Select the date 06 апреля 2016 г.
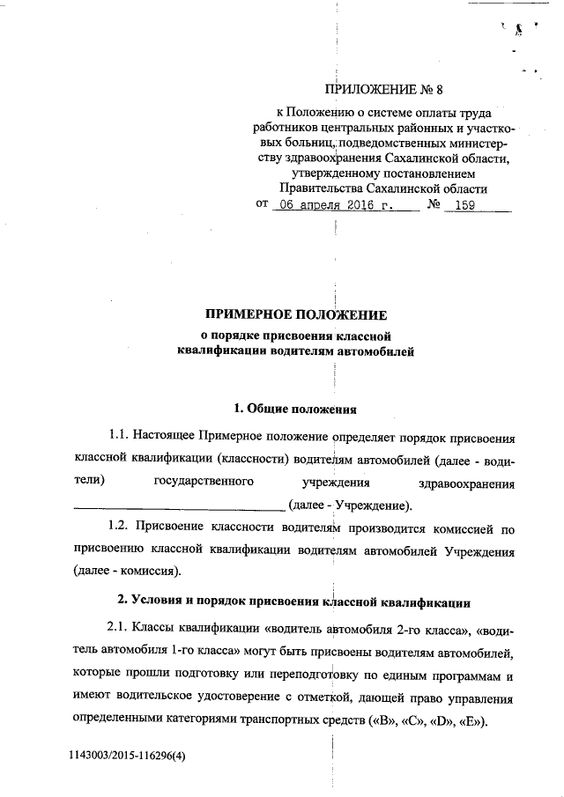point(332,204)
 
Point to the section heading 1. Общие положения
point(295,407)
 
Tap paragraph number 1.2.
point(120,528)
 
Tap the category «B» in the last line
point(375,720)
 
